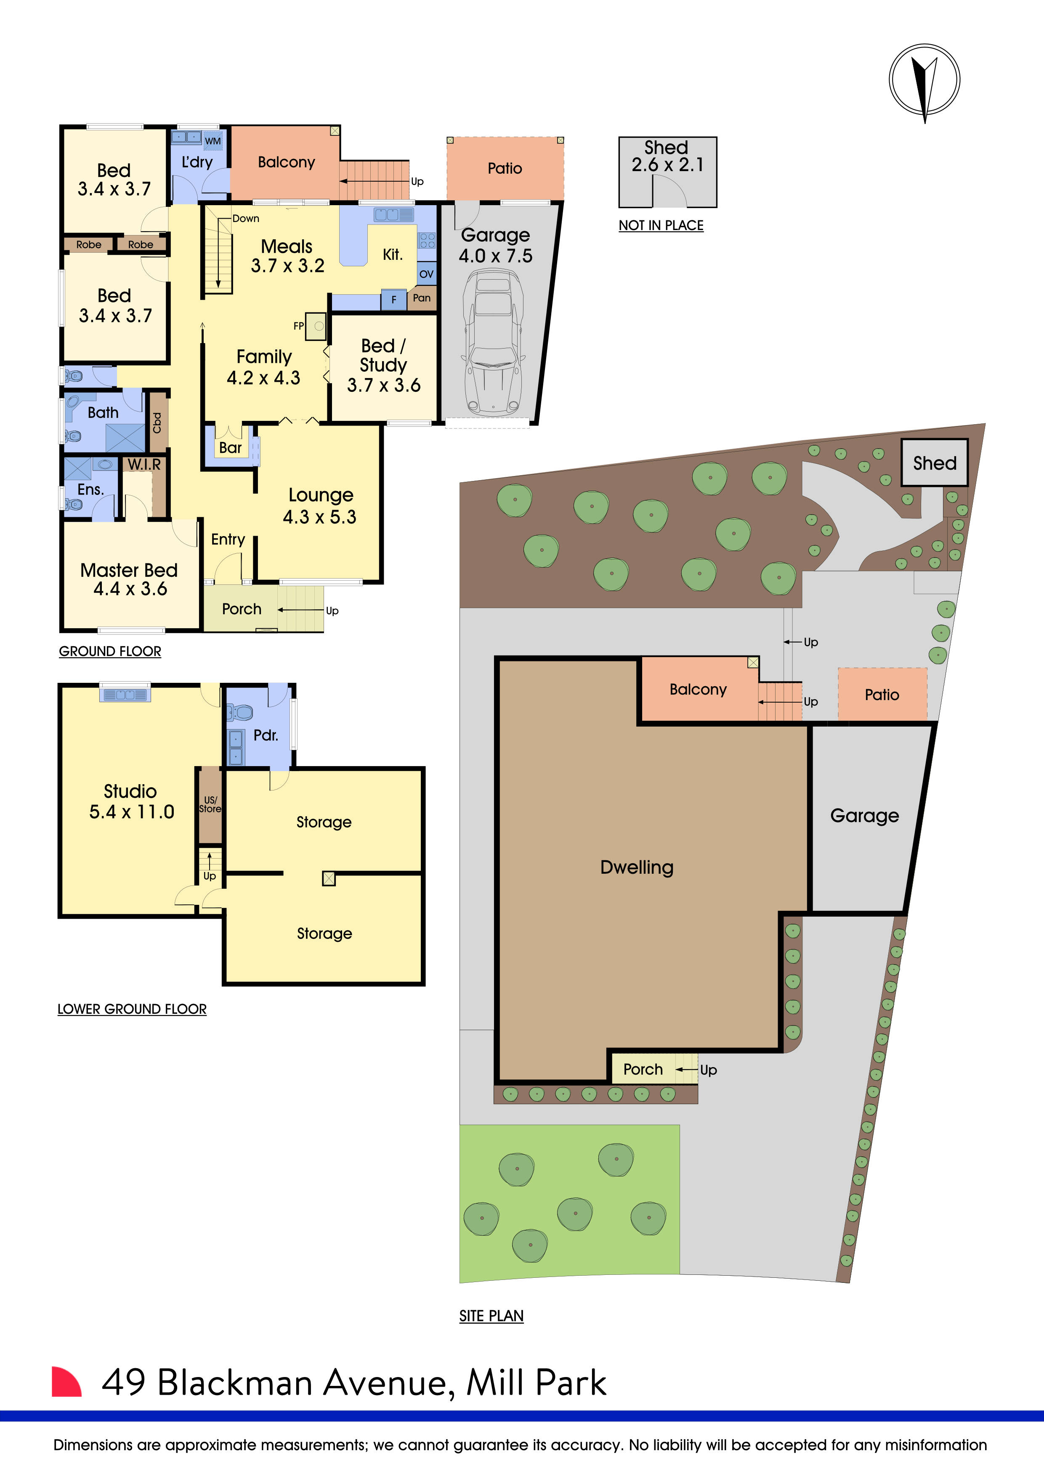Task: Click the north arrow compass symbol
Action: click(x=924, y=80)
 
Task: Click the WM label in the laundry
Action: click(x=213, y=141)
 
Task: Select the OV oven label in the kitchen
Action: click(x=426, y=274)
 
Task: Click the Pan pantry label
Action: click(x=422, y=297)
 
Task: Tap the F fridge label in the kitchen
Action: click(x=394, y=299)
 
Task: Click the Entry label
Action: click(x=228, y=539)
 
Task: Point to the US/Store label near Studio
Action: click(x=210, y=804)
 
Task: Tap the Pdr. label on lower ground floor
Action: click(x=266, y=735)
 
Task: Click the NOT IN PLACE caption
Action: click(x=661, y=225)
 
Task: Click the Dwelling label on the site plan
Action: click(x=636, y=867)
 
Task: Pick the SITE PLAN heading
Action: click(x=491, y=1316)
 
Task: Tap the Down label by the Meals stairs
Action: click(x=246, y=218)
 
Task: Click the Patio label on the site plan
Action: click(x=881, y=695)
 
